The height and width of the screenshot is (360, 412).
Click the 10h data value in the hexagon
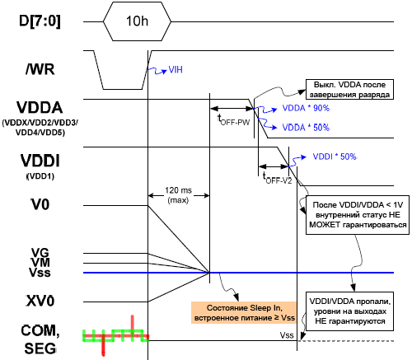[137, 21]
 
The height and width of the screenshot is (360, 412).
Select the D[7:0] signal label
[40, 21]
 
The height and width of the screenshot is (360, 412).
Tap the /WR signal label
[40, 69]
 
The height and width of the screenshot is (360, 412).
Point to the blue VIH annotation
[176, 70]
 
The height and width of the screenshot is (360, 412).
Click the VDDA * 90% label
[306, 108]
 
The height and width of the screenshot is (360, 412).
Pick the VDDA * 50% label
[306, 128]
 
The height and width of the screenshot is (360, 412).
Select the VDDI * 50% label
[335, 157]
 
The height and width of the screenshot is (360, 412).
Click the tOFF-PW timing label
[233, 120]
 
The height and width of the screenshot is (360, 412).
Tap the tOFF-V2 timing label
[277, 178]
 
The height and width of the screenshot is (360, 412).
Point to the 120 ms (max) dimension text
[178, 195]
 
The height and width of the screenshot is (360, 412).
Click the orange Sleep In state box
[244, 313]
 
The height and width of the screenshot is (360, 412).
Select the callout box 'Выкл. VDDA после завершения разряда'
[349, 90]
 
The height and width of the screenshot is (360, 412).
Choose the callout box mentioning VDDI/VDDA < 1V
[358, 215]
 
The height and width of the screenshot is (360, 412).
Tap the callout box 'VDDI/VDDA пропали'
[349, 311]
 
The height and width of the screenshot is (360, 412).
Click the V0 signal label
[40, 204]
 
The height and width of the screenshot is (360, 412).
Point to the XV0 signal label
[40, 301]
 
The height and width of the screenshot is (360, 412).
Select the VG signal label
[40, 252]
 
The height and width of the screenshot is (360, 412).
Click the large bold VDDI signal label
[40, 161]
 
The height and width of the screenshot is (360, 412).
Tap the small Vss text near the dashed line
[287, 335]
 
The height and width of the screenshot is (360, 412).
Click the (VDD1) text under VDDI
[40, 176]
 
